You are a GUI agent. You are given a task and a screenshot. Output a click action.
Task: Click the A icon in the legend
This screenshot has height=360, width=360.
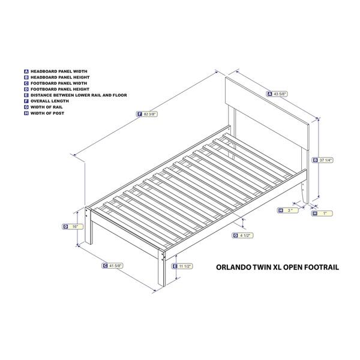tap(26, 71)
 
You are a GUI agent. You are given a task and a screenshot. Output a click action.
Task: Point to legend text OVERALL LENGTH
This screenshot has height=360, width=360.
tap(50, 101)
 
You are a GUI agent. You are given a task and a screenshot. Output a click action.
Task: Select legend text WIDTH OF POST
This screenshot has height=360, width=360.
tap(47, 113)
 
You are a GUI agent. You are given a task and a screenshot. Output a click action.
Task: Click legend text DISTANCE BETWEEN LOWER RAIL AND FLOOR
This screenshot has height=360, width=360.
tap(79, 95)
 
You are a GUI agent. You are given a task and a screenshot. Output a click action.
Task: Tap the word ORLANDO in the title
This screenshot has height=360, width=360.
tap(233, 267)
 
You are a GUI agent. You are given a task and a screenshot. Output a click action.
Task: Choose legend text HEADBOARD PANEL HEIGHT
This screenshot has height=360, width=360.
tap(60, 77)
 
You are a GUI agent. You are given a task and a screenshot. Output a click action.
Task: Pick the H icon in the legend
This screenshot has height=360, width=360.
tap(26, 113)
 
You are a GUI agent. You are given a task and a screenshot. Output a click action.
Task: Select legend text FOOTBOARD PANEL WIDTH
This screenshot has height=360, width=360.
tap(59, 83)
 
